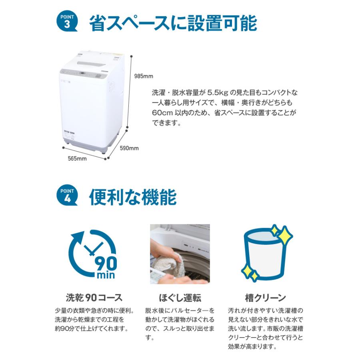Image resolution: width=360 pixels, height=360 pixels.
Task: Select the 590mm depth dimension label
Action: (129, 148)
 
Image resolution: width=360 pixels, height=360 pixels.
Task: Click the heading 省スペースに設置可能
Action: (172, 23)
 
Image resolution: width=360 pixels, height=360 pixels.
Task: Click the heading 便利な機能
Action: (132, 197)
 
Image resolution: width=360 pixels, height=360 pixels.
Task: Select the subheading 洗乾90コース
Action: (94, 298)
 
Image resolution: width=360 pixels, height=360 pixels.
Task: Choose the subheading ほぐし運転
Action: (180, 298)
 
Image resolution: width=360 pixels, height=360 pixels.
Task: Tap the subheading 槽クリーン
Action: (265, 298)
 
